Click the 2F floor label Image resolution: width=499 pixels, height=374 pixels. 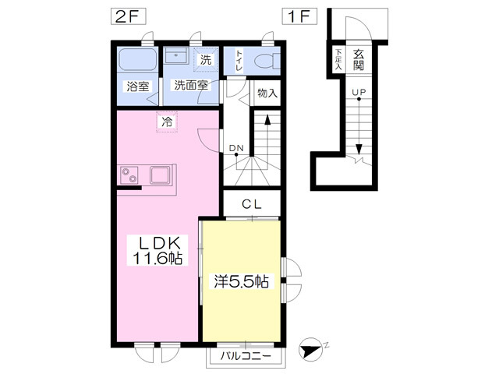pyautogui.click(x=128, y=16)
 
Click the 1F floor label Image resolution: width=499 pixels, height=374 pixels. pyautogui.click(x=299, y=16)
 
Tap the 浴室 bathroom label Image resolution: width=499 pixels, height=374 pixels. pyautogui.click(x=138, y=86)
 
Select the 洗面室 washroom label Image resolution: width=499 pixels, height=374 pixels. pyautogui.click(x=191, y=85)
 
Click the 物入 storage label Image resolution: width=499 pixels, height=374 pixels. pyautogui.click(x=267, y=93)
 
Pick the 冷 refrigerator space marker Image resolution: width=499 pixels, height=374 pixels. pyautogui.click(x=167, y=122)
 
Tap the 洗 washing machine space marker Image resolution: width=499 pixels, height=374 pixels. pyautogui.click(x=206, y=59)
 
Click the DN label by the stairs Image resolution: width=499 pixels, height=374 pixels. pyautogui.click(x=236, y=148)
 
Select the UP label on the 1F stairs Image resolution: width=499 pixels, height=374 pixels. pyautogui.click(x=359, y=92)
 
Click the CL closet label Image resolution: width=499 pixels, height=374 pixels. pyautogui.click(x=251, y=204)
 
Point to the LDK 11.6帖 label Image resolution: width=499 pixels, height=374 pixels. pyautogui.click(x=157, y=250)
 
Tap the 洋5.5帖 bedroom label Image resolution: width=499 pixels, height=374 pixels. pyautogui.click(x=241, y=281)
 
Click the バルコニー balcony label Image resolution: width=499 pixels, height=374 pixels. pyautogui.click(x=246, y=356)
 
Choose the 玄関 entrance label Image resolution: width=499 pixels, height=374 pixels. pyautogui.click(x=359, y=60)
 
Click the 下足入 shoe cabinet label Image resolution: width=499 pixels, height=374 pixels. pyautogui.click(x=338, y=59)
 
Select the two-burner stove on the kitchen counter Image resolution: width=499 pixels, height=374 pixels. pyautogui.click(x=129, y=175)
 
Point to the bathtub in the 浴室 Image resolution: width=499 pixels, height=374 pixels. pyautogui.click(x=137, y=61)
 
